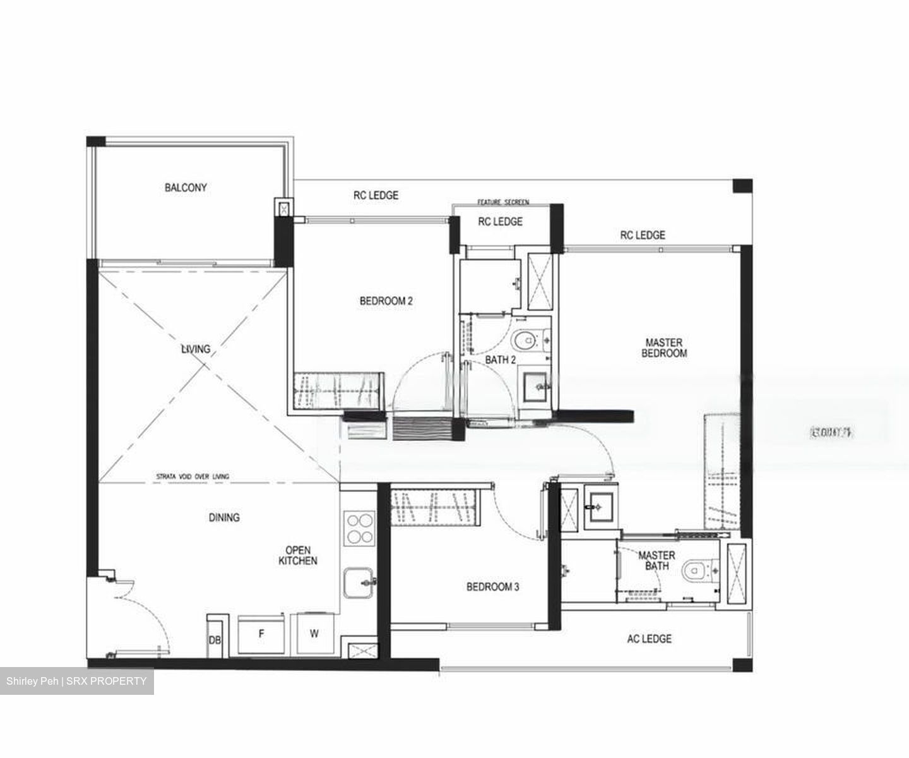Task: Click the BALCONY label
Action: (x=186, y=188)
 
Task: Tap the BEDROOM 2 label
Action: (x=386, y=301)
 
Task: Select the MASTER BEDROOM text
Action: (x=663, y=348)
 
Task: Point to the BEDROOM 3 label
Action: (x=492, y=587)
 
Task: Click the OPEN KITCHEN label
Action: (x=298, y=555)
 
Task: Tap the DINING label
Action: (x=224, y=517)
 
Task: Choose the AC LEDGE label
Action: (x=649, y=639)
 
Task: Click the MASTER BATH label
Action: (x=656, y=560)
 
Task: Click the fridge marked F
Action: (x=261, y=634)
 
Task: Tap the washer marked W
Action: (x=314, y=634)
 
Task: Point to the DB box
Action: (x=215, y=640)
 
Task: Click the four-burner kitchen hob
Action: (x=359, y=528)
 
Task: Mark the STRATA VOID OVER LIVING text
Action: (x=193, y=476)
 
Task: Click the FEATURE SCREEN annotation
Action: (x=502, y=202)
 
